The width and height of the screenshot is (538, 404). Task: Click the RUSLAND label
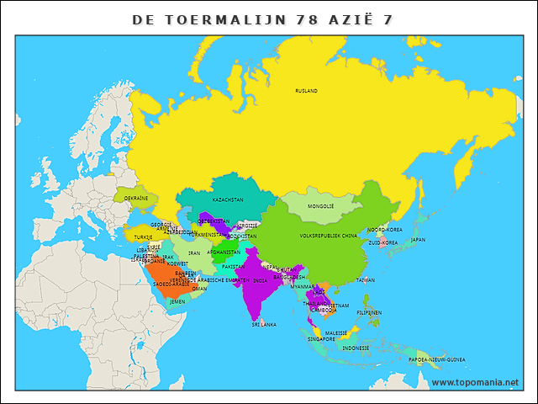pos(306,90)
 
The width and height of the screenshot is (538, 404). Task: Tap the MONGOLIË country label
pos(321,205)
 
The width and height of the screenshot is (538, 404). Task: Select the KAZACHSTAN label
pos(228,199)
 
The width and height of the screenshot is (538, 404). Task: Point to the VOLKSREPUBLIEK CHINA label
pos(329,236)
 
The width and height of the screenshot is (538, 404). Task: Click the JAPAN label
pos(418,239)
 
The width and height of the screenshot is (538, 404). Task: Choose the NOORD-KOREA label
pos(385,229)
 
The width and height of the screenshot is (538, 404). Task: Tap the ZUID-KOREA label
pos(383,242)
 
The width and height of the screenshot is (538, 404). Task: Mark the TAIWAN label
pos(366,279)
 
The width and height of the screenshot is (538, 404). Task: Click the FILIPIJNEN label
pos(369,312)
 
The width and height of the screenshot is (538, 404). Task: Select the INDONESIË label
pos(356,348)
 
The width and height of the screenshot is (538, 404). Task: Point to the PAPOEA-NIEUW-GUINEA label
pos(436,359)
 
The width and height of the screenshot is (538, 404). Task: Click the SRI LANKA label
pos(263,323)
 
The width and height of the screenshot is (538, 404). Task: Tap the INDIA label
pos(261,280)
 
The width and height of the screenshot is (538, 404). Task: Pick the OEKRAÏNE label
pos(136,198)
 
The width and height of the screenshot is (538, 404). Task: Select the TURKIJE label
pos(144,237)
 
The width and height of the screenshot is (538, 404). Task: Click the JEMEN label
pos(177,300)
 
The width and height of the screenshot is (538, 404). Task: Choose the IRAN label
pos(194,252)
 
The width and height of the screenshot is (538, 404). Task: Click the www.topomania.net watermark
pos(475,382)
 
